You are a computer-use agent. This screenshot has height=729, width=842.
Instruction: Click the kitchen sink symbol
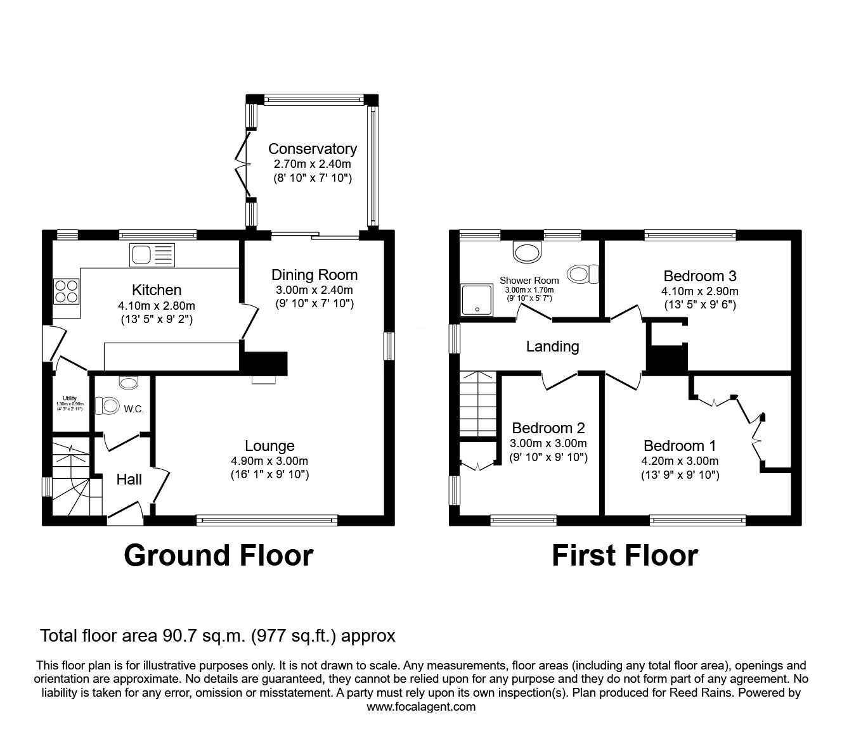point(152,255)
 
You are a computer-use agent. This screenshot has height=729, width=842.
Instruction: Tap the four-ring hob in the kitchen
point(66,291)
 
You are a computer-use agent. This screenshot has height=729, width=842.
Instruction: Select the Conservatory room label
point(312,149)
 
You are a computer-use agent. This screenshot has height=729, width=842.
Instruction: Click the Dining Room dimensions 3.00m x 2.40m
point(314,290)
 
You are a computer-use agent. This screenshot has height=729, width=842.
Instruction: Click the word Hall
point(129,479)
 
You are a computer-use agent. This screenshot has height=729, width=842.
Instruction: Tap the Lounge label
point(269,446)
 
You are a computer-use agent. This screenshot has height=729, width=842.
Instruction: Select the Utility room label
point(70,398)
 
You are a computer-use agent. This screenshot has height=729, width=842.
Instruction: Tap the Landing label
point(552,346)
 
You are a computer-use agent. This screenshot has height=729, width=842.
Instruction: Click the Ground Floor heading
point(218,555)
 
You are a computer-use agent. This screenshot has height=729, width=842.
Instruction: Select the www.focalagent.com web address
point(421,707)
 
